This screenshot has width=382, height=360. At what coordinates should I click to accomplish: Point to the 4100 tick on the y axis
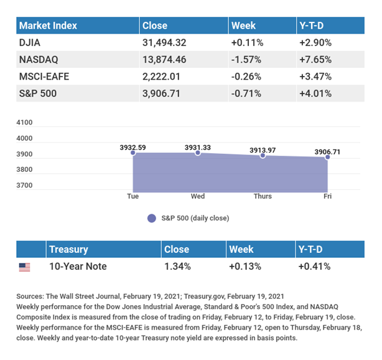click(25, 123)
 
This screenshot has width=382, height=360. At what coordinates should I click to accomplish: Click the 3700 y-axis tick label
click(25, 186)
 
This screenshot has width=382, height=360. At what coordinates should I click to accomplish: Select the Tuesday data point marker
click(133, 153)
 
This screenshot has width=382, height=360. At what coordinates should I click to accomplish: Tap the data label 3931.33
click(197, 147)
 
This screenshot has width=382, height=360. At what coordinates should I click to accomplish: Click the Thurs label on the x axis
click(263, 196)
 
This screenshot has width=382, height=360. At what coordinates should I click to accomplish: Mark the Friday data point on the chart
click(327, 157)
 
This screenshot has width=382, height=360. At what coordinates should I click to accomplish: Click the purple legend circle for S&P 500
click(151, 219)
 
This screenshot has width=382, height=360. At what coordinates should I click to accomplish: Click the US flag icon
click(24, 267)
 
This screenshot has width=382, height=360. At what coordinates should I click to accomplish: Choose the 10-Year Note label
click(78, 267)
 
